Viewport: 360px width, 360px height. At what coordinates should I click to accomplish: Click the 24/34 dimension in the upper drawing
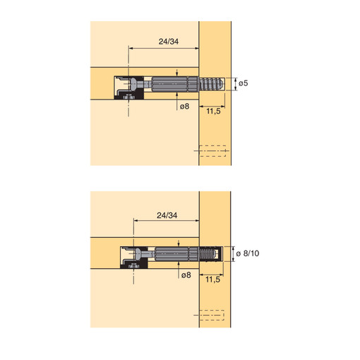(169, 42)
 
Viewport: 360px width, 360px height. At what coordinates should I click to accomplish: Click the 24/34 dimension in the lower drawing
(167, 215)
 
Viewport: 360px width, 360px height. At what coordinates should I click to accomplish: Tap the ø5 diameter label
(244, 83)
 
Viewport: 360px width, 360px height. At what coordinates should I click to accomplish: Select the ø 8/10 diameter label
(248, 253)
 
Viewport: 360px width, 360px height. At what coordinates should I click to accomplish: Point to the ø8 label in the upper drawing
(184, 107)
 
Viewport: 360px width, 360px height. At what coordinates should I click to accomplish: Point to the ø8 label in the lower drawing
(186, 275)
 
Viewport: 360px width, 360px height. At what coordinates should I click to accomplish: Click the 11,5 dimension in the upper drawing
(213, 111)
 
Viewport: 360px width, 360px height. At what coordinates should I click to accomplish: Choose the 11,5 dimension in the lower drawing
(212, 280)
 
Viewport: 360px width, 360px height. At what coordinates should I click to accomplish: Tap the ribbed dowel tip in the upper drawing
(211, 83)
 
